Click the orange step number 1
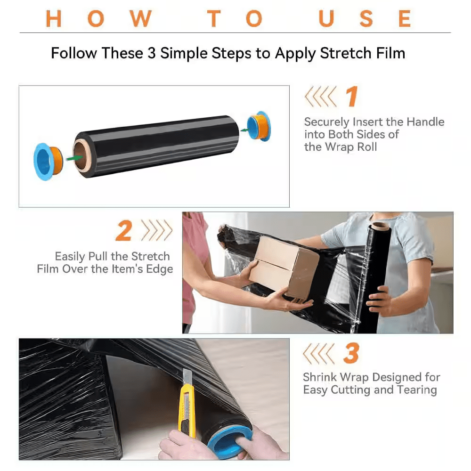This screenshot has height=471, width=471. [x=351, y=97]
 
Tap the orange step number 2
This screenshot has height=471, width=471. [x=124, y=231]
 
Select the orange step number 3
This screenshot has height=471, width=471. [x=351, y=353]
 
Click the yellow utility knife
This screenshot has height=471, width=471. [x=187, y=403]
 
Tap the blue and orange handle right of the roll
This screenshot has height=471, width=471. [x=259, y=126]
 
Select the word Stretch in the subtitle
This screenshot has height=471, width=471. [x=341, y=53]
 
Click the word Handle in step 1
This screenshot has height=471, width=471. [x=425, y=122]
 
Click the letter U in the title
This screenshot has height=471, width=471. [x=326, y=18]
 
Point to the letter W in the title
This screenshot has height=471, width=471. [x=140, y=18]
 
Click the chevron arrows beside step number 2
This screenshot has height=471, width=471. [x=157, y=230]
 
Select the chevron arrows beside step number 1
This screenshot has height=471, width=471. [x=320, y=97]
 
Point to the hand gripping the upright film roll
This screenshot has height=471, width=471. [x=379, y=300]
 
